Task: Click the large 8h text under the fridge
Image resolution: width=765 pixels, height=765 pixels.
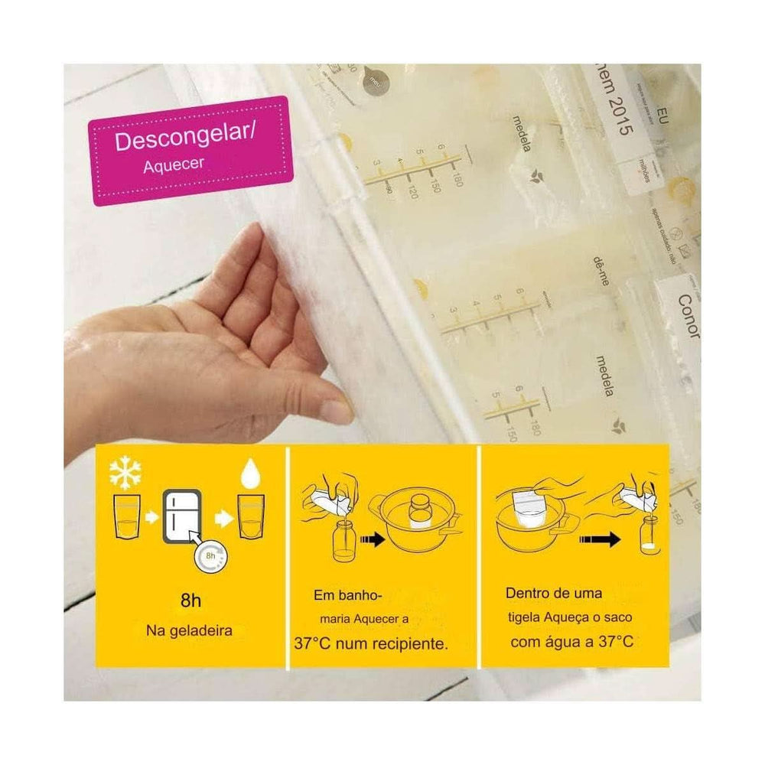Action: click(191, 600)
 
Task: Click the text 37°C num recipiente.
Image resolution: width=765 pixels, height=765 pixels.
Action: click(370, 643)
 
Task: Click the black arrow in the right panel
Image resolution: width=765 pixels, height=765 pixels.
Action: click(602, 539)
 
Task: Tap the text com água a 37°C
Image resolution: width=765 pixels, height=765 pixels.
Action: click(572, 641)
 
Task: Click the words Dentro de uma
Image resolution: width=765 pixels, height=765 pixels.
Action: click(553, 593)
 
